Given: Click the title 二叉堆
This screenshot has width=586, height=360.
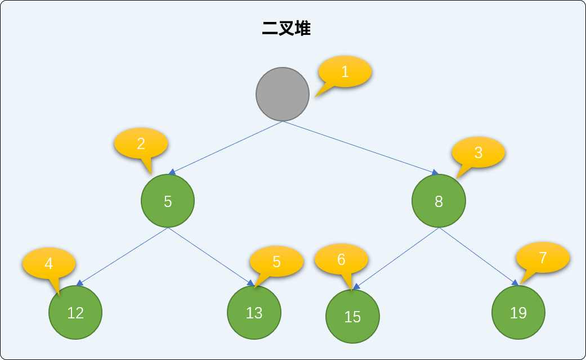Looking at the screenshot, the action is tap(287, 28).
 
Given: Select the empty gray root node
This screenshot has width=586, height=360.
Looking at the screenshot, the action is tap(283, 94).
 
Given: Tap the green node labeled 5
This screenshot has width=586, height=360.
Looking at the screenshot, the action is tap(168, 201).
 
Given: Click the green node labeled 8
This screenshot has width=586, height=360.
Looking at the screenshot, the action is tap(439, 201).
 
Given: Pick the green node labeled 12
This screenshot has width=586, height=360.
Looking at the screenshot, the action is tap(75, 313).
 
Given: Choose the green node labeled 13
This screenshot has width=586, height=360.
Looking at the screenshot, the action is tap(254, 313).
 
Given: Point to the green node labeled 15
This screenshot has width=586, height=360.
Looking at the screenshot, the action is tap(352, 316).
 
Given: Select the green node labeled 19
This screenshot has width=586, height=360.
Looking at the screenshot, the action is tap(518, 313).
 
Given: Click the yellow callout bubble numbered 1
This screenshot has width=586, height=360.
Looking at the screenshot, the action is tap(345, 71).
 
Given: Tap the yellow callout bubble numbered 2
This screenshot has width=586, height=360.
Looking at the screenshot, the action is tap(141, 143).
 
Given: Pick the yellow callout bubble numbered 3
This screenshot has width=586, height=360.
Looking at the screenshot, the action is tap(478, 152).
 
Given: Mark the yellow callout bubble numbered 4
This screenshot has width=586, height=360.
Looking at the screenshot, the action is tap(49, 263).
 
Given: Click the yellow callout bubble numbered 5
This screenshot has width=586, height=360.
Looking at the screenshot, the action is tap(276, 262).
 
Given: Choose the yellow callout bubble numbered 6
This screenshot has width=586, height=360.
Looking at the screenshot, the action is tap(341, 259).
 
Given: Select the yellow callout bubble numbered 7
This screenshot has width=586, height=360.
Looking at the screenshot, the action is tap(543, 257).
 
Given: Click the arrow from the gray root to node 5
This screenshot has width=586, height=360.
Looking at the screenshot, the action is tap(226, 148).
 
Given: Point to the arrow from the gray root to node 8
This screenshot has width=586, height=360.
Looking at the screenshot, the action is tap(361, 148).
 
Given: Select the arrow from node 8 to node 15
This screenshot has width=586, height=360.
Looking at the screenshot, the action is tap(396, 258).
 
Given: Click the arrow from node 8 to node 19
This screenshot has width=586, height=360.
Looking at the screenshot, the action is tap(478, 256).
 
